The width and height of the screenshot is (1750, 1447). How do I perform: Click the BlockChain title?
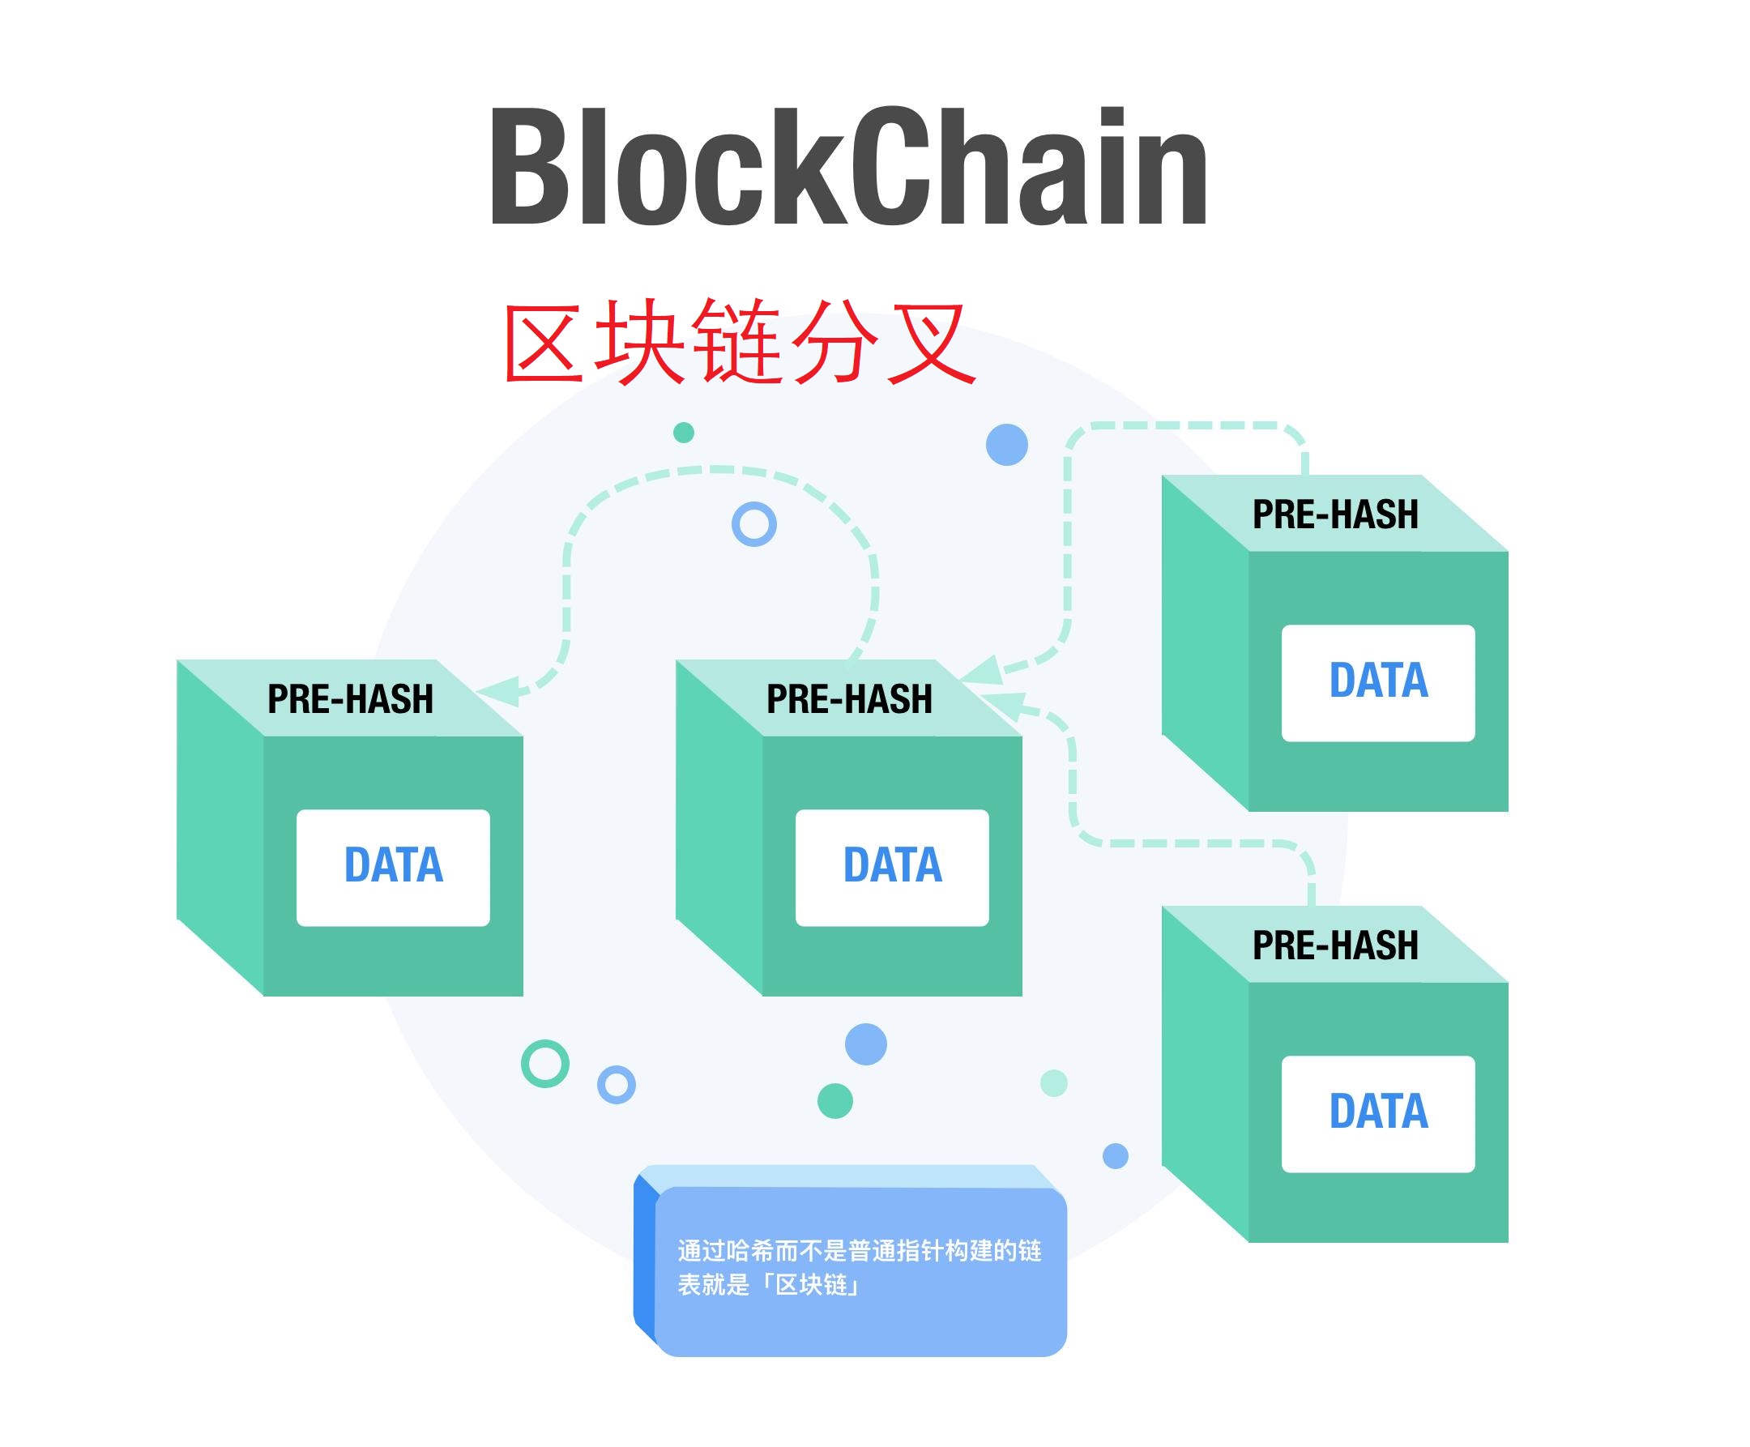pos(848,167)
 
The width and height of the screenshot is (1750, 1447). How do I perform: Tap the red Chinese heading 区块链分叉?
pos(738,342)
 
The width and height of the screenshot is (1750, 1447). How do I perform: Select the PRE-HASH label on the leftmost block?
pos(350,698)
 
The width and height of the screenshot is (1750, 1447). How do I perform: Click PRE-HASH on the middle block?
pos(849,698)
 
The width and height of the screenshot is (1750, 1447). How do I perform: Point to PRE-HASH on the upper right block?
pos(1335,514)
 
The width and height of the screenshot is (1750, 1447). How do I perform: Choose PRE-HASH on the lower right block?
pos(1335,945)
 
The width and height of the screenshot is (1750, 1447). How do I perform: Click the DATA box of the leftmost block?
pos(393,867)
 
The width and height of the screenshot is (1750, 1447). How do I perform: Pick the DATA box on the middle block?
pos(893,867)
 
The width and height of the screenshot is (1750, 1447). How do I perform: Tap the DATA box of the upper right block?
pos(1378,682)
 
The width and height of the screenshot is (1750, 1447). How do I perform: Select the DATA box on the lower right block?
pos(1378,1113)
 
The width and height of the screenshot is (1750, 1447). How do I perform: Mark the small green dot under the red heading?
pos(683,433)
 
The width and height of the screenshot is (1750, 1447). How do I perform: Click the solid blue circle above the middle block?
pos(1007,444)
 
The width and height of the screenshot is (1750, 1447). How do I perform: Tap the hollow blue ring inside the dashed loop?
pos(754,524)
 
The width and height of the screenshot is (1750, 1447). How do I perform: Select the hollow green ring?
pos(545,1064)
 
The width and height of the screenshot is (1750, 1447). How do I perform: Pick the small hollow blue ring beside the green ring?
pos(617,1084)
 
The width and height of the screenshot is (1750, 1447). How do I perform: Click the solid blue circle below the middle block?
pos(866,1044)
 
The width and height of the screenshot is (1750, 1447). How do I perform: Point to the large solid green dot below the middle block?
pos(835,1101)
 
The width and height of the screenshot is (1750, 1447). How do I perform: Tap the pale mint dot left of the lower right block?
pos(1054,1083)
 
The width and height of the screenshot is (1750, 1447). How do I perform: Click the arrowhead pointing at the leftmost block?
pos(500,691)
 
